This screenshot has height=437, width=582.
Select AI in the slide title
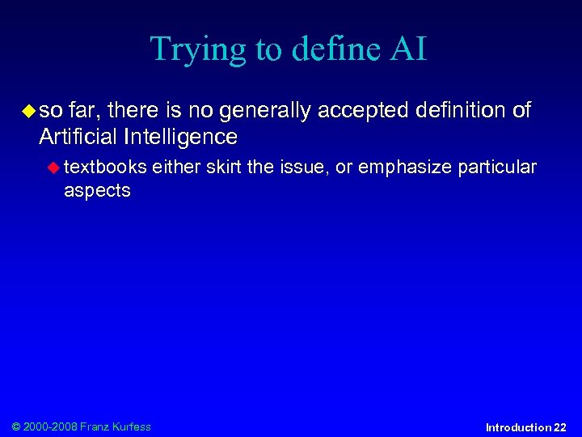[409, 49]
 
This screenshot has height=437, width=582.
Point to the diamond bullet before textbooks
[53, 167]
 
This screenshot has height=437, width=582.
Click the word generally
[264, 111]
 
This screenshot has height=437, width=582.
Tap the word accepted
[365, 111]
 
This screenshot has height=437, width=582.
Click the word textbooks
[105, 167]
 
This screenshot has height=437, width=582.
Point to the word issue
[299, 167]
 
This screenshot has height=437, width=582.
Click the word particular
[497, 167]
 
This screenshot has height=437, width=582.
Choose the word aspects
[97, 190]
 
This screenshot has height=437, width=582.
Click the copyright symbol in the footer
[17, 426]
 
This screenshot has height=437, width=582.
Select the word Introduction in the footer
[518, 427]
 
